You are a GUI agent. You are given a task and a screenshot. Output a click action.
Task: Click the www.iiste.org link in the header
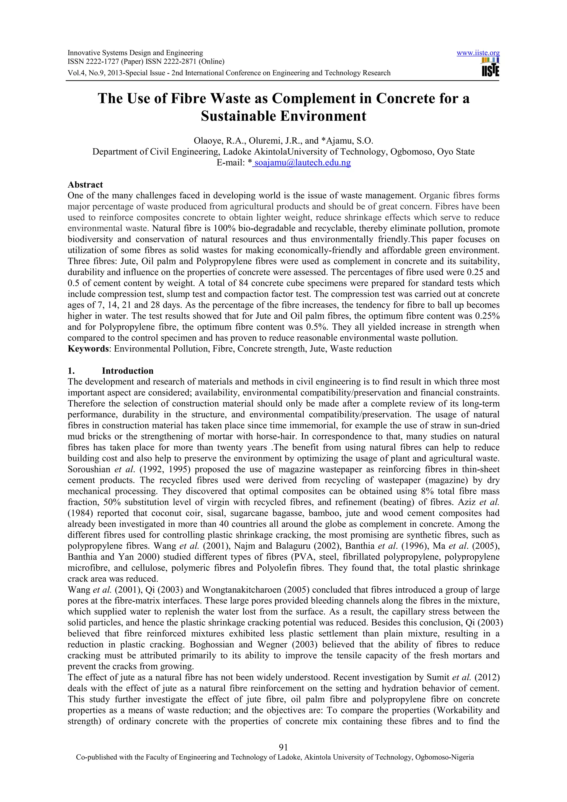478,53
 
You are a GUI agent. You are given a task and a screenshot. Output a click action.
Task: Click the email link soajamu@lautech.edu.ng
303,162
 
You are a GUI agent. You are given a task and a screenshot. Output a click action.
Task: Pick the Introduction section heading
128,371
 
